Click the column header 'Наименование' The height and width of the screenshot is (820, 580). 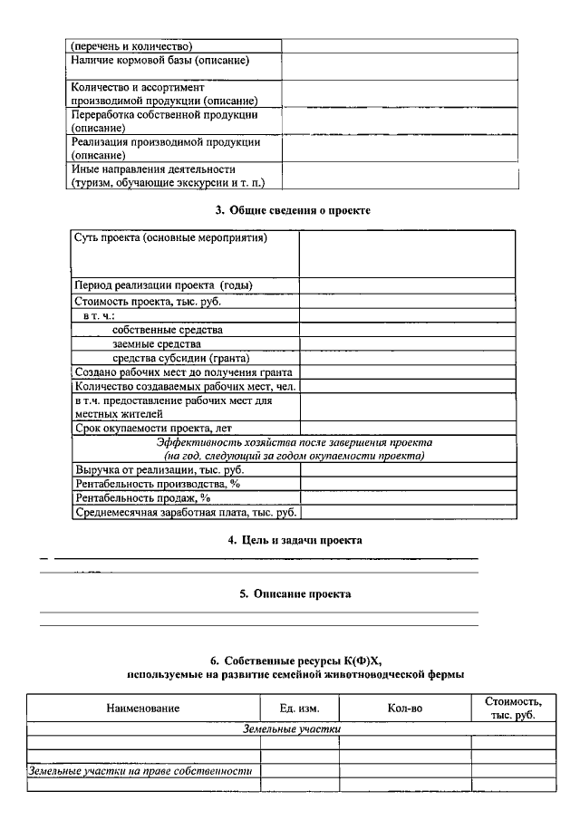(143, 708)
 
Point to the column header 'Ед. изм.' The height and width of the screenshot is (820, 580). (299, 708)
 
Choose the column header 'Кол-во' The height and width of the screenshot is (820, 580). (404, 708)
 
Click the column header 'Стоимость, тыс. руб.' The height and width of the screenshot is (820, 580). (513, 708)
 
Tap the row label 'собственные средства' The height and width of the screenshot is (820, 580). (168, 330)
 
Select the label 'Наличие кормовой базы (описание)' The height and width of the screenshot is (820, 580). (159, 61)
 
